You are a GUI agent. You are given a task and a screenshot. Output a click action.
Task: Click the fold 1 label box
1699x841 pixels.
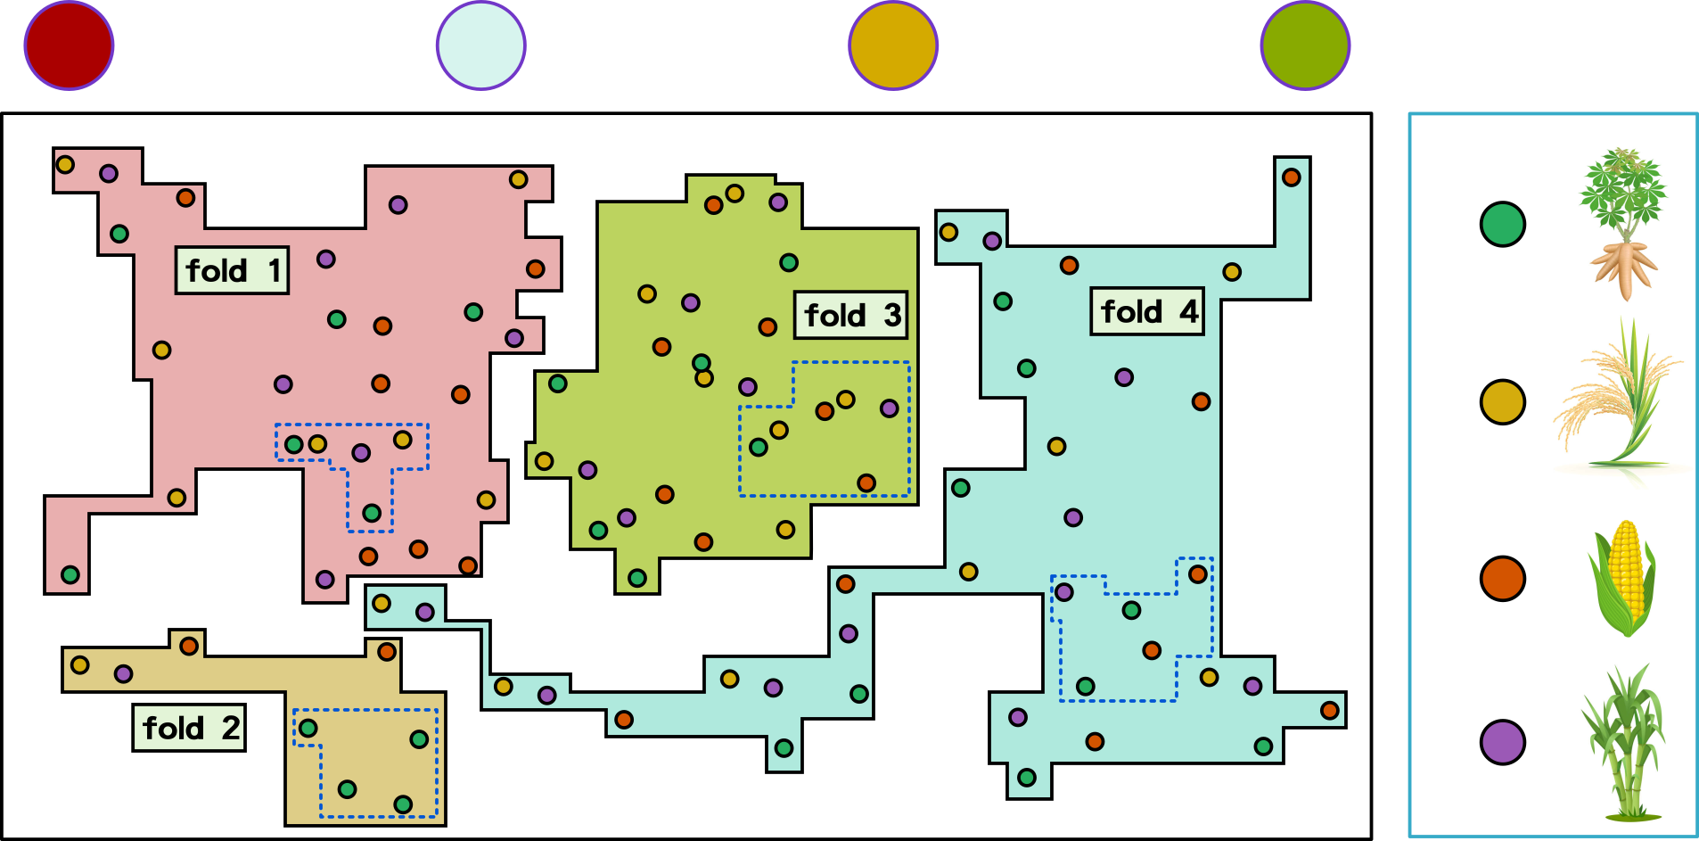(x=232, y=270)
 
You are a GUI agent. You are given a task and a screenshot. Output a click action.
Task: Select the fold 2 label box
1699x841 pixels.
(x=189, y=728)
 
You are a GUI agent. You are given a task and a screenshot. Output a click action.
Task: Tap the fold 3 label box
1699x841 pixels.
(x=851, y=315)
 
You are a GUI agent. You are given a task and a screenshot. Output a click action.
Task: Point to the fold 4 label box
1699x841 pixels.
(x=1147, y=311)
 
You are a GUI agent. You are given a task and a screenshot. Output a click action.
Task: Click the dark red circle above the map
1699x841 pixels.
(x=70, y=45)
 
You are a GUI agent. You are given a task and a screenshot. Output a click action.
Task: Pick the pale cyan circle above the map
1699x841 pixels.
(x=481, y=45)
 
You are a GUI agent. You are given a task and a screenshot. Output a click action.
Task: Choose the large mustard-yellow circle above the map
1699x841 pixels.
(x=893, y=45)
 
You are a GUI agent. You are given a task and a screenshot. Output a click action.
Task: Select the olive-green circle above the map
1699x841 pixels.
(x=1305, y=45)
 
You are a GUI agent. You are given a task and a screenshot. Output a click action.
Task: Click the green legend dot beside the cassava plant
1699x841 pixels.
(x=1503, y=224)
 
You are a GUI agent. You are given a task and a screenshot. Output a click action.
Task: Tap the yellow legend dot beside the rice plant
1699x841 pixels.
(x=1503, y=401)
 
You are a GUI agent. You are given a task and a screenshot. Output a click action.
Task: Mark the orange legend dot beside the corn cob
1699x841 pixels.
(x=1503, y=578)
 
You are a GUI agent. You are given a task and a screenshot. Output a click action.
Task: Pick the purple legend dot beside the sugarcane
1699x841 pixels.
(x=1503, y=742)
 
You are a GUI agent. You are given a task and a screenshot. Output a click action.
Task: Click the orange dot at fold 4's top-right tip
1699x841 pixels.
(x=1292, y=177)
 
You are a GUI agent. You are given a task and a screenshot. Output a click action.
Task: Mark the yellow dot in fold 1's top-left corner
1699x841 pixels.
(x=65, y=164)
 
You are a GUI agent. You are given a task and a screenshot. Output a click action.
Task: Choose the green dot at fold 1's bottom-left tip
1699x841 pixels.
(x=70, y=575)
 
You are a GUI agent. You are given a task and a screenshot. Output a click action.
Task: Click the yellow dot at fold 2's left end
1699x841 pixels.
(x=79, y=664)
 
